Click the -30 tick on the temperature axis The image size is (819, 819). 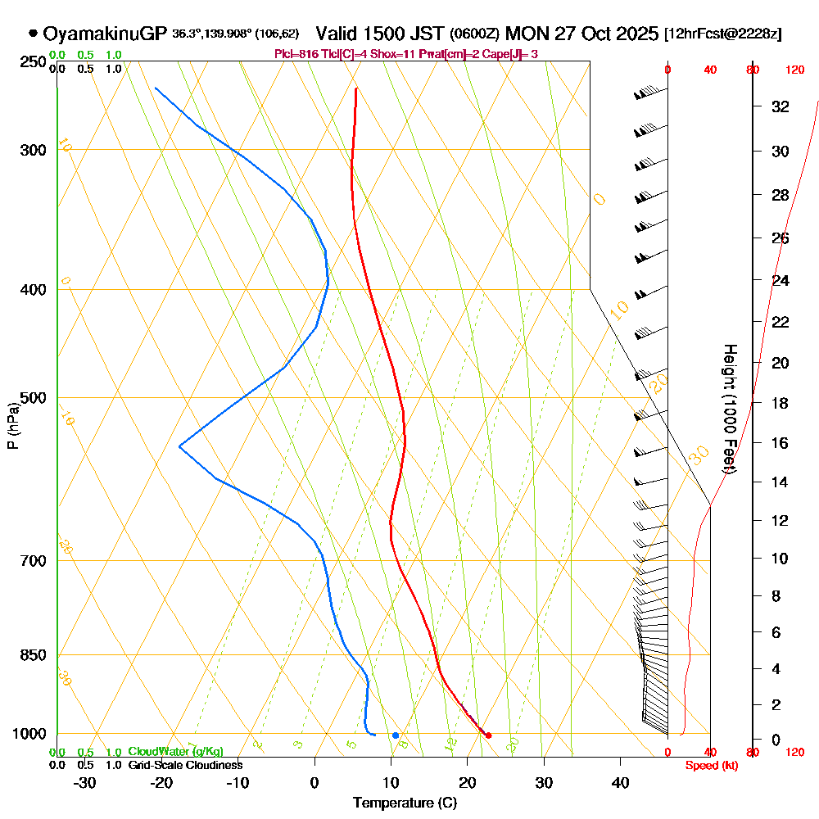coord(85,782)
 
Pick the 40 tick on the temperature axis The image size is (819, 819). coord(621,782)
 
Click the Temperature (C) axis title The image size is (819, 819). coord(405,803)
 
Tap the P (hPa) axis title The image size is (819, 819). coord(13,426)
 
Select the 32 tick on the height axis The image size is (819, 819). coord(781,106)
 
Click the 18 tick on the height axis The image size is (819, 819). coord(781,403)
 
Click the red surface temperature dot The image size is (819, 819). coord(488,735)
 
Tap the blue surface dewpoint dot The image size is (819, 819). coord(396,735)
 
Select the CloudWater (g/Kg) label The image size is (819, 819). coord(175,752)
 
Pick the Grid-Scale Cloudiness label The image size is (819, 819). coord(184,765)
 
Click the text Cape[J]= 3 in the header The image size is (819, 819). coord(511,54)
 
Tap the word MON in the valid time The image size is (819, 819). coord(527,34)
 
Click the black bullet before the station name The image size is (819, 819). coord(33,34)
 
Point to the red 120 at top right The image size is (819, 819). coord(794,70)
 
